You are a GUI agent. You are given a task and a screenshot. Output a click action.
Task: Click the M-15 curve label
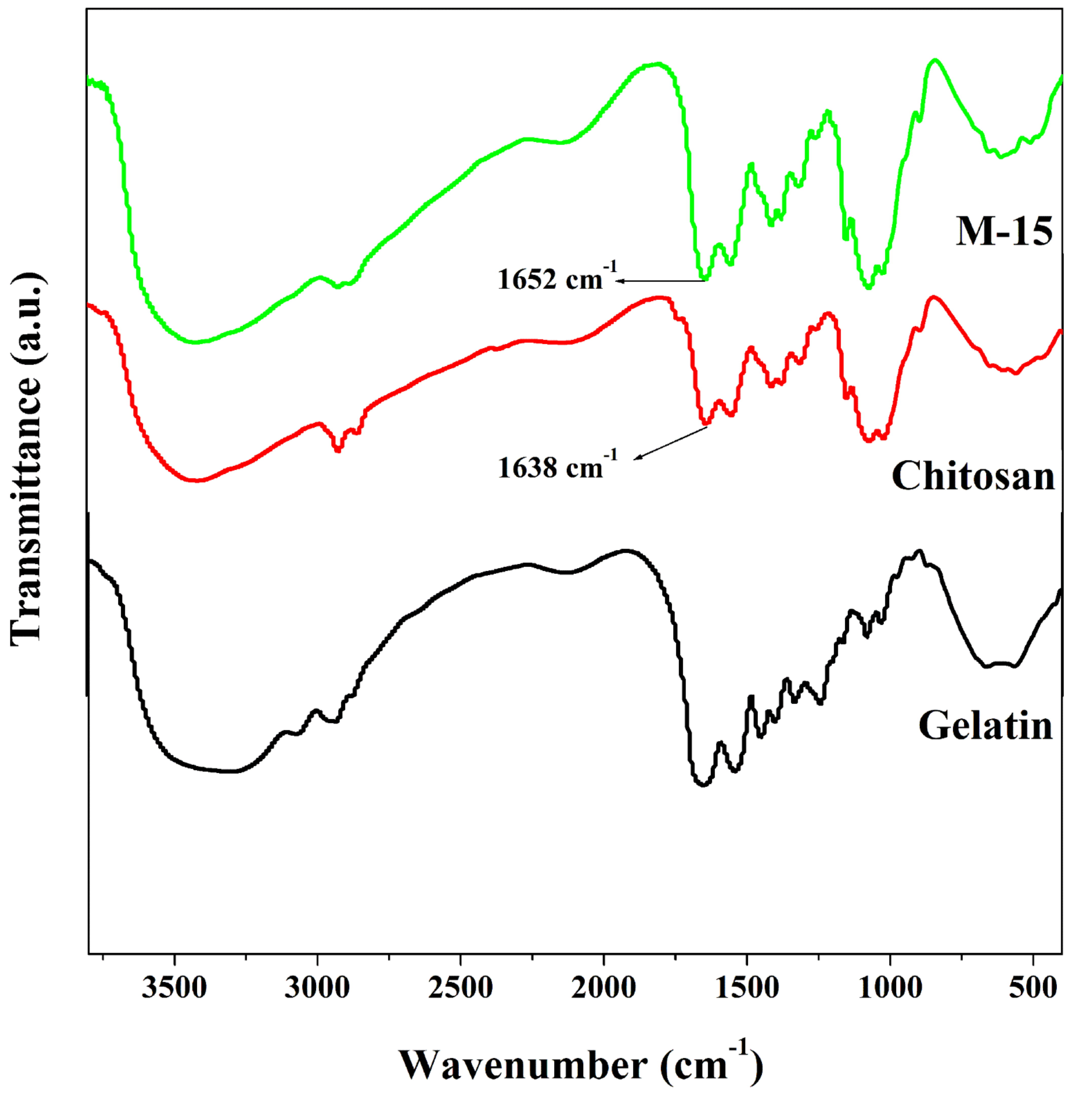pyautogui.click(x=1004, y=231)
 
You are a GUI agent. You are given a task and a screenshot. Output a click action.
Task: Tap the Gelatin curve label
pyautogui.click(x=985, y=725)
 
